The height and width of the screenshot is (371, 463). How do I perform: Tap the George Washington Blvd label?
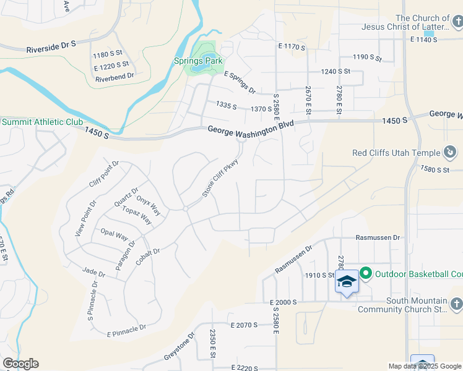251,127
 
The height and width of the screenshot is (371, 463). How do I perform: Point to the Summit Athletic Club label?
42,122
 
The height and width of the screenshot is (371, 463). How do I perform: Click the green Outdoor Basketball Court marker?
365,273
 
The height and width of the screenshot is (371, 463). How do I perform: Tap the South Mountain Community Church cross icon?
455,304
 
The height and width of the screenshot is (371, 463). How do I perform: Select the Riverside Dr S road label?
51,46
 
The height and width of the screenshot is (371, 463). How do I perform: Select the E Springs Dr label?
240,82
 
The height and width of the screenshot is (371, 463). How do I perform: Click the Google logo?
20,364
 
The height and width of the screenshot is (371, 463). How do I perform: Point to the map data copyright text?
425,366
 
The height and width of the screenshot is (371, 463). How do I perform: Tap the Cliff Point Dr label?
103,173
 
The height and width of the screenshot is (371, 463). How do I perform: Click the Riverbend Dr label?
115,77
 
